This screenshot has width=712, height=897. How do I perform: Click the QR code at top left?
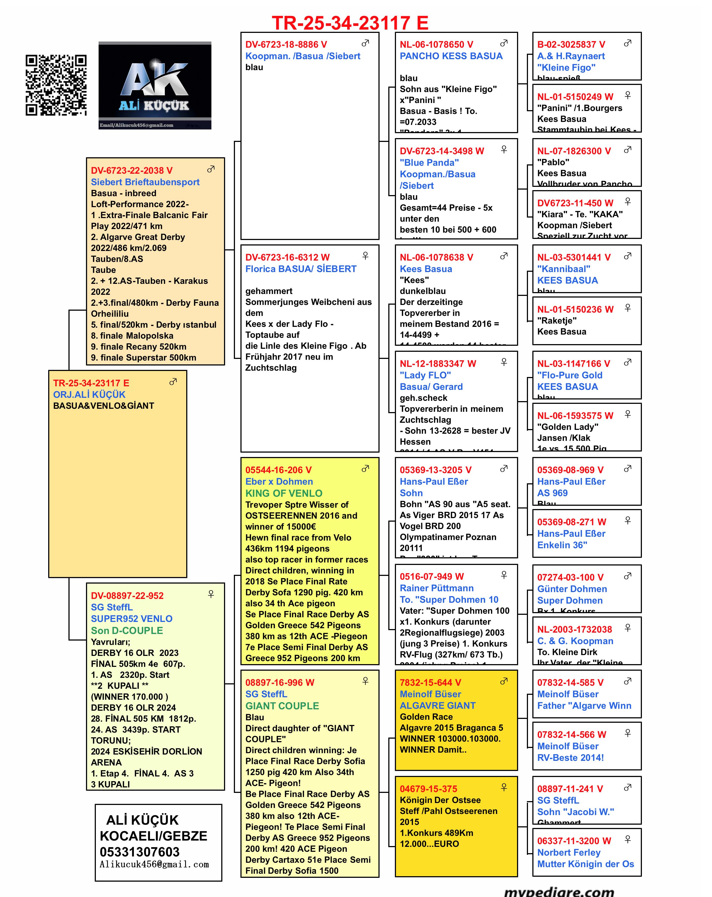(56, 85)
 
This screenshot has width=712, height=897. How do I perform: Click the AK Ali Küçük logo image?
(155, 85)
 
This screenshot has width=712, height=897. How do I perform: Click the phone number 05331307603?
(139, 852)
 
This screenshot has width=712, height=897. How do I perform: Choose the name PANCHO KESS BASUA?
(451, 56)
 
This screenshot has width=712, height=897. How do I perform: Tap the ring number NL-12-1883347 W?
(438, 364)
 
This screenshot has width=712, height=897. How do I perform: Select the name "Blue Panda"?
(429, 163)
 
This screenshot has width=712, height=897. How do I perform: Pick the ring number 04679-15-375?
(428, 789)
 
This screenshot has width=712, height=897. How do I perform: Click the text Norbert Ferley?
(569, 853)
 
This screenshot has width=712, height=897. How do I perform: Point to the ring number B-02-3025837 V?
(571, 44)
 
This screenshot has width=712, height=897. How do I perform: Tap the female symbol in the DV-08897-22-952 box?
(211, 594)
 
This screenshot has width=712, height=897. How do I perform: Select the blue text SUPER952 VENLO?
(131, 619)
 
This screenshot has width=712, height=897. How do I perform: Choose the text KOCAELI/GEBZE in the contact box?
(153, 836)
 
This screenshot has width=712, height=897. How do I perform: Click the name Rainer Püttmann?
(436, 588)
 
